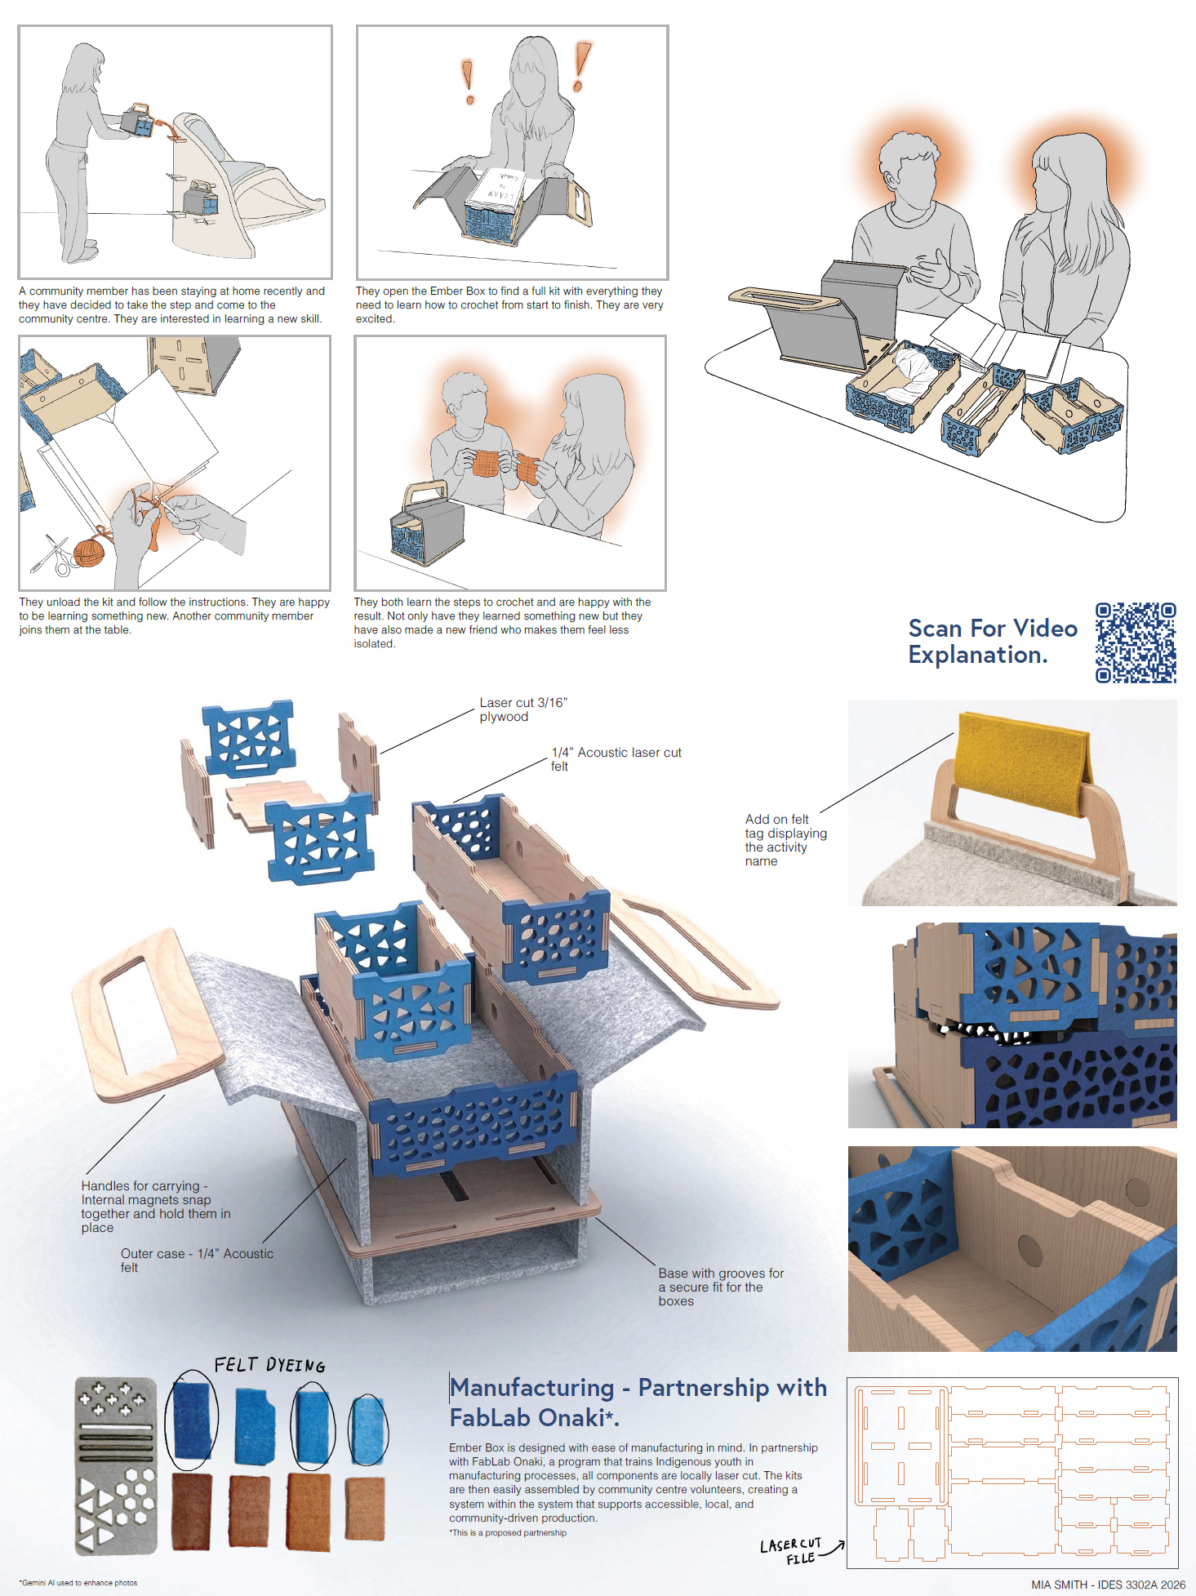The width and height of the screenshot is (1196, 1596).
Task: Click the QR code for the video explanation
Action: pos(1136,642)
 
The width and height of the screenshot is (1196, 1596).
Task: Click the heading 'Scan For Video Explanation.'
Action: pos(992,642)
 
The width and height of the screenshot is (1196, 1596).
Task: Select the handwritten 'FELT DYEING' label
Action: pos(269,1365)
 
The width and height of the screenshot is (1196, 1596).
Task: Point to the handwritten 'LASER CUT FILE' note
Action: pos(791,1551)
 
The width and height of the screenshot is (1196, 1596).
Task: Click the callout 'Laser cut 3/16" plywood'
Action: pos(522,709)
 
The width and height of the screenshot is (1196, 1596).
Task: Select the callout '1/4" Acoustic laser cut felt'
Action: pos(616,758)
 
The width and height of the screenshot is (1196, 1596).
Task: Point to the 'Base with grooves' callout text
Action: pos(720,1287)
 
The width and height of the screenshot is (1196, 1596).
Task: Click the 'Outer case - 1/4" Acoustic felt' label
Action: pos(197,1260)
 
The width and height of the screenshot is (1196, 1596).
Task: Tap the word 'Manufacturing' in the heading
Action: pos(532,1388)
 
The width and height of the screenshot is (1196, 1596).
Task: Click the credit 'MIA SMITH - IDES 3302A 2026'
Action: pos(1108,1585)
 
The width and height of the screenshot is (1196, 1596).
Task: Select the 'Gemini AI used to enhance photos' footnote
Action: pos(78,1583)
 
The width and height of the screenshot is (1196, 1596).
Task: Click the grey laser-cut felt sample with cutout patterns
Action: pos(115,1465)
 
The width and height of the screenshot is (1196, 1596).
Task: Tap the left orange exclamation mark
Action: pos(468,82)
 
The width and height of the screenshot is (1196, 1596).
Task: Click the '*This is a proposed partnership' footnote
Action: pos(508,1533)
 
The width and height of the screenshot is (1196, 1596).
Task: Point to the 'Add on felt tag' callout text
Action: pos(785,839)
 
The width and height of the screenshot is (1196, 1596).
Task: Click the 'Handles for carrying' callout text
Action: pos(155,1206)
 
